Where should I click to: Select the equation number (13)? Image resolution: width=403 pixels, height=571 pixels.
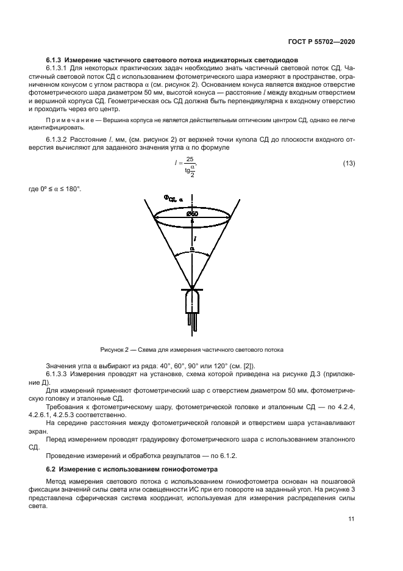(349, 163)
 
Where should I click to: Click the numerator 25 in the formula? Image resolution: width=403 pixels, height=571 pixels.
(190, 158)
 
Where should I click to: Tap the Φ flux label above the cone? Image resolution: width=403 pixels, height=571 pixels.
(169, 198)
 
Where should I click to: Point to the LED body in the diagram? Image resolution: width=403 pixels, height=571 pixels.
(192, 301)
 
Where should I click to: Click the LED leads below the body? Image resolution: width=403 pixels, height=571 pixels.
(192, 321)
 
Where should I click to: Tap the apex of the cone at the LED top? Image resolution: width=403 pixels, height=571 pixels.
(192, 288)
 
